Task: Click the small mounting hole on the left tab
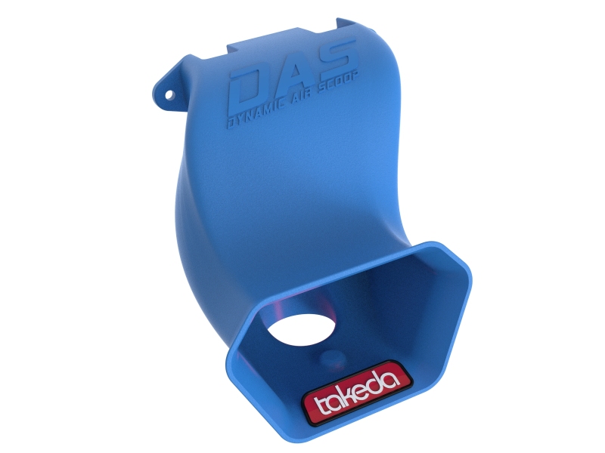pos(169,94)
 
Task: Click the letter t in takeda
pos(317,404)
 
